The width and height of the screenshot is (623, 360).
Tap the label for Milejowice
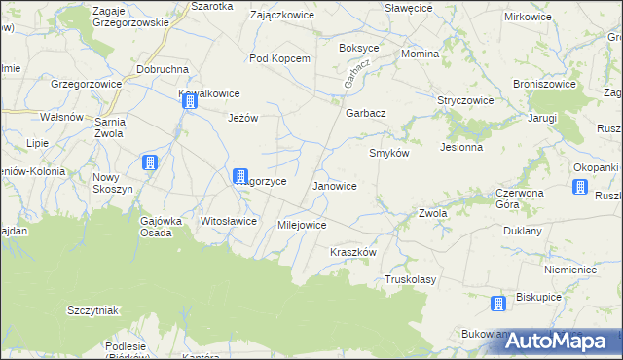coord(302,225)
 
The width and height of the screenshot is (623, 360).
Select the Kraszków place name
coord(352,251)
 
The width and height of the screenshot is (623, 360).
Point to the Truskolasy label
coord(410,279)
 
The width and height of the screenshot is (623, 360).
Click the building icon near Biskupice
coord(498,304)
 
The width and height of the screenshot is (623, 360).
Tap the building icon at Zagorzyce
coord(239,176)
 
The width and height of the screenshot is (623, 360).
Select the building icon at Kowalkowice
coord(188,99)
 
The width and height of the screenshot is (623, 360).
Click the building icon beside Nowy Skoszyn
coord(149,162)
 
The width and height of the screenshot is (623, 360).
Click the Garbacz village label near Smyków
coord(366,113)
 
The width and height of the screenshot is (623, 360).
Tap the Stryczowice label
coord(466,100)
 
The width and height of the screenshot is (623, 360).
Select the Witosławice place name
coord(228,221)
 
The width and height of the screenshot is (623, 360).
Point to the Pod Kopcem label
coord(279,58)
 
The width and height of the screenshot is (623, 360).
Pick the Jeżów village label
coord(242,118)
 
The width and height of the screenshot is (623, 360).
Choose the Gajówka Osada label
coord(163,226)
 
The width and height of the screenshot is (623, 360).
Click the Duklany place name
coord(522,232)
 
